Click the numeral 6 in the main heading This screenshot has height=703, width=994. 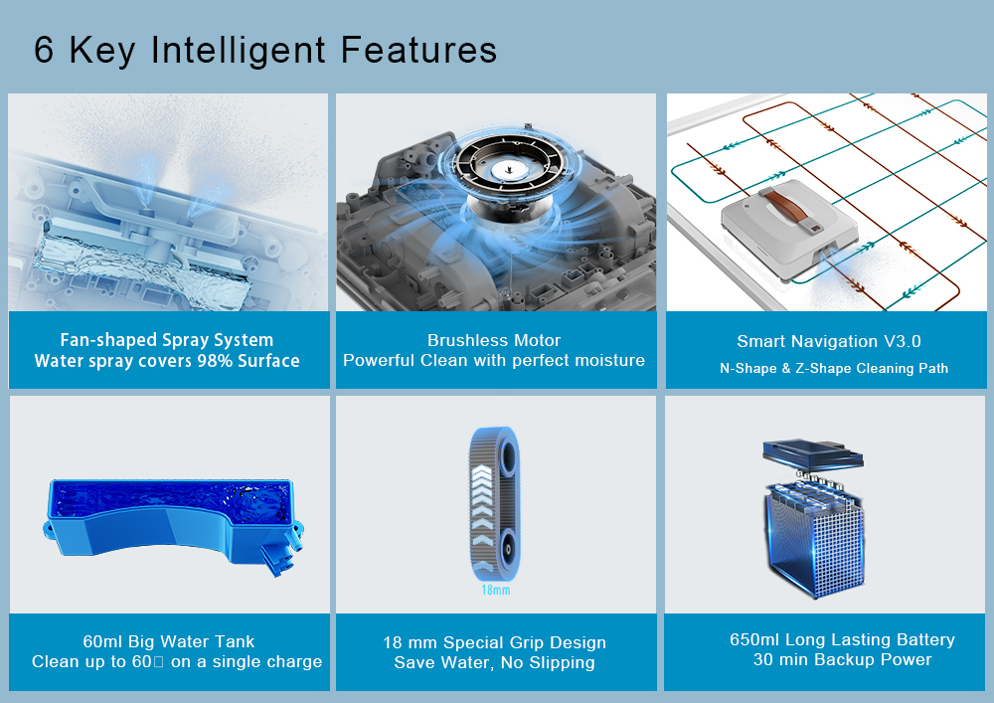click(44, 50)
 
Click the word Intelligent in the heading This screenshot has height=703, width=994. click(239, 51)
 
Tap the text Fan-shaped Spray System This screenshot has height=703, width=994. click(167, 340)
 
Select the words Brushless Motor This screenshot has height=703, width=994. click(494, 340)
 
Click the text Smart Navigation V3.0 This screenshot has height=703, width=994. click(829, 342)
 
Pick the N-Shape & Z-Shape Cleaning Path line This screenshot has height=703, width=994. click(834, 368)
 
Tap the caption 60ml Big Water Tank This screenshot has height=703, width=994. click(169, 641)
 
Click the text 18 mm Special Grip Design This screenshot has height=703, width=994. click(494, 642)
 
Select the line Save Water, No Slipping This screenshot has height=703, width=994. click(494, 663)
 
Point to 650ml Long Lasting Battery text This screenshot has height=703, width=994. click(842, 639)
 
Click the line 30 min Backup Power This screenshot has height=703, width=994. click(842, 660)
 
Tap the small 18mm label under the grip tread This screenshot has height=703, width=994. click(496, 591)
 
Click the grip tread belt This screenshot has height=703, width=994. click(494, 504)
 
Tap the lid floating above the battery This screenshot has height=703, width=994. click(812, 455)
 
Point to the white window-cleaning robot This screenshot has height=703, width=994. click(790, 230)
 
